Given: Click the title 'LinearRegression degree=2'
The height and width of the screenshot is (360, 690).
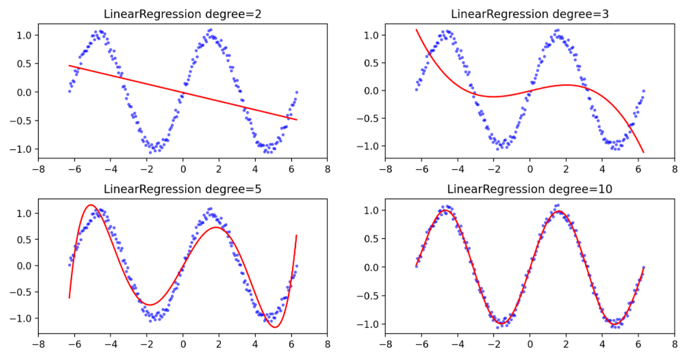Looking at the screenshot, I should click(x=182, y=13).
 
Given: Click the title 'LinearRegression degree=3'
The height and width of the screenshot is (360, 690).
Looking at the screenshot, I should click(x=530, y=13).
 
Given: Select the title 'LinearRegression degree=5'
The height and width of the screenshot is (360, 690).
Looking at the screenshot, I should click(x=182, y=189).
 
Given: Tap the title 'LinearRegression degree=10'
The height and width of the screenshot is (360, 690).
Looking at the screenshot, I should click(x=530, y=189).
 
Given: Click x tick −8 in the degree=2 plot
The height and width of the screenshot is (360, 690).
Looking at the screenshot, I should click(x=38, y=170).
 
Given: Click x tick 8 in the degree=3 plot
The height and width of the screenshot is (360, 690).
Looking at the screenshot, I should click(x=674, y=170).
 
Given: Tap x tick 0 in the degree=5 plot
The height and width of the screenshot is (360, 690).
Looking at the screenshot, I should click(x=183, y=346).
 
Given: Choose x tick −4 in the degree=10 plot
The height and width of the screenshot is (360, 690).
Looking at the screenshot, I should click(x=458, y=346).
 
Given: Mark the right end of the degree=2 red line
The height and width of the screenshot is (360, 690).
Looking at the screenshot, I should click(x=297, y=119).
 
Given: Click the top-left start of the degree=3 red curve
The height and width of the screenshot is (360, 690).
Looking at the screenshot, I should click(x=417, y=29).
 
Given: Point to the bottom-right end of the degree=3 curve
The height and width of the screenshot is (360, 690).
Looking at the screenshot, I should click(x=643, y=152).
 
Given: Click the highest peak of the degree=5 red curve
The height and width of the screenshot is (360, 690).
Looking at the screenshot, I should click(x=91, y=205).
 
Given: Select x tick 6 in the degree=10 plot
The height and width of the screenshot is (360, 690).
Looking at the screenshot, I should click(x=638, y=346).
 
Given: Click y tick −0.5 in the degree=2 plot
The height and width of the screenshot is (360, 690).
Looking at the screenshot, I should click(x=24, y=121).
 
